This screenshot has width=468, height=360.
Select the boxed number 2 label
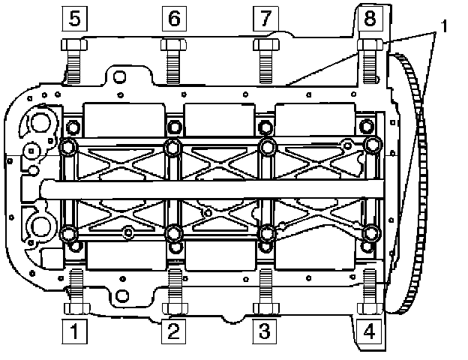click(x=173, y=328)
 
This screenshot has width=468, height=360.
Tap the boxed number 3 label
click(x=264, y=328)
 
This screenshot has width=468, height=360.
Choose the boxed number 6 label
click(x=173, y=18)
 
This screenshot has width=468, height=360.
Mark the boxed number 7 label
click(x=264, y=18)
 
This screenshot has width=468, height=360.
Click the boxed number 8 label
click(x=369, y=18)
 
